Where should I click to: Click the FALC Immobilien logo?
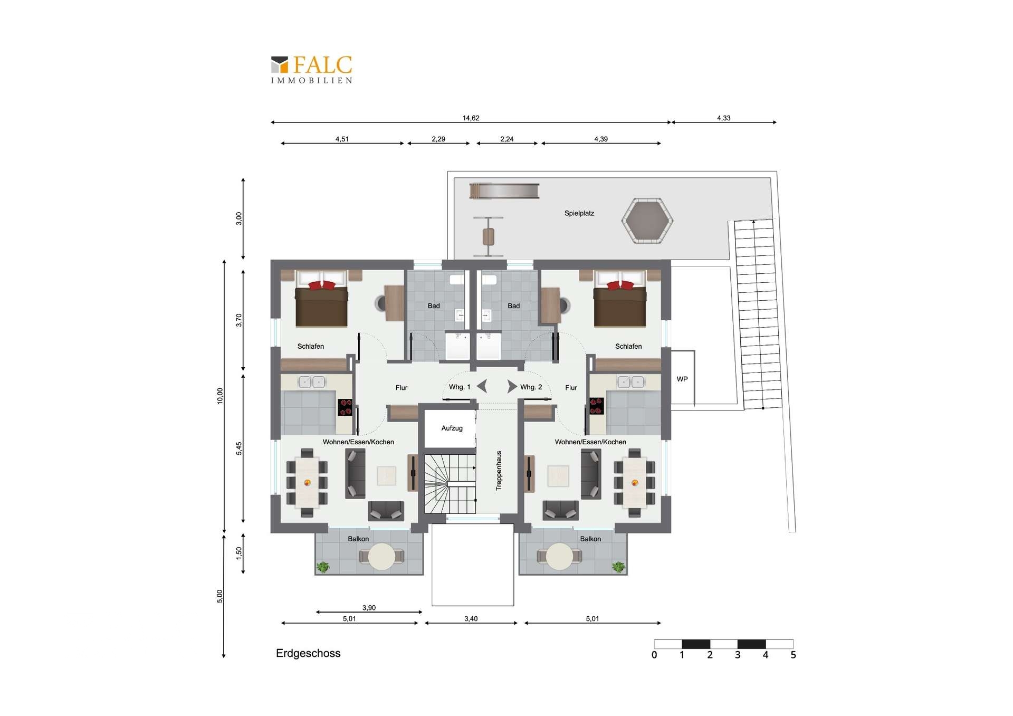311,69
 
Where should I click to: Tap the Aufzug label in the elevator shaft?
452,428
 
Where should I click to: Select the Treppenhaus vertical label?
499,471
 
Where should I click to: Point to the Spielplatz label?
579,213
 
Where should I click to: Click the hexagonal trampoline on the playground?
647,221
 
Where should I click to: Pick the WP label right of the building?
682,379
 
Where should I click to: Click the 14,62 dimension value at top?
471,118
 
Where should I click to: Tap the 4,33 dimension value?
723,118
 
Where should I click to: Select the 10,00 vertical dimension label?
220,396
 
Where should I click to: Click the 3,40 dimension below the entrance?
471,618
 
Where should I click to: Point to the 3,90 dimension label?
369,607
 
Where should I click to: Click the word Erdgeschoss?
308,653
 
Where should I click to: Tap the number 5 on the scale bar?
793,655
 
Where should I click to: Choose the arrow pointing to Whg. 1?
482,387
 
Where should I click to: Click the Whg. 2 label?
531,387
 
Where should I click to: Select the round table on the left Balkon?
381,557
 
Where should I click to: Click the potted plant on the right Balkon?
618,567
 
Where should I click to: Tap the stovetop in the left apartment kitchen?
345,407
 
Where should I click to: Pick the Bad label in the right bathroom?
513,306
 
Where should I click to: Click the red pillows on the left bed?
322,285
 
